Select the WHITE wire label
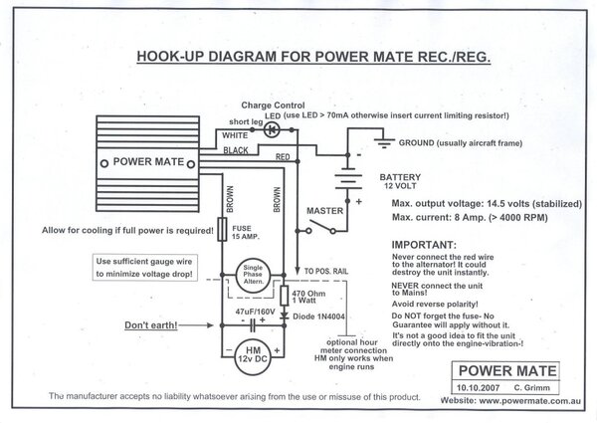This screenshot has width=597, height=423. [236, 134]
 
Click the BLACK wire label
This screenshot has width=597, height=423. [236, 149]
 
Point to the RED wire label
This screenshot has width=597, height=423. [283, 157]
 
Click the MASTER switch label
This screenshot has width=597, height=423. [326, 212]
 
